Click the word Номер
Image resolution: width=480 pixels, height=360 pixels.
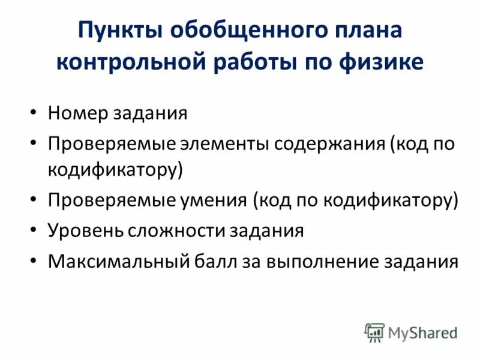pyautogui.click(x=77, y=113)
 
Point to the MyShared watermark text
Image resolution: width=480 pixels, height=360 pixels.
pyautogui.click(x=422, y=332)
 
